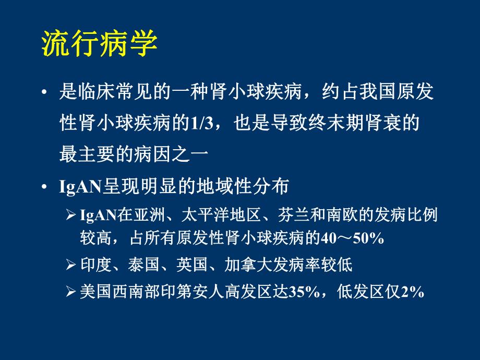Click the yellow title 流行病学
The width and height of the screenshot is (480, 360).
(99, 44)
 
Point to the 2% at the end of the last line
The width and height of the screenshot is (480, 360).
(413, 292)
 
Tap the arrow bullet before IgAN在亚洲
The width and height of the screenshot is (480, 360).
(71, 214)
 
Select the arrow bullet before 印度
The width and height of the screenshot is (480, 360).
(71, 265)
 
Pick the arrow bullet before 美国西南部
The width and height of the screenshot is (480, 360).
(71, 292)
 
